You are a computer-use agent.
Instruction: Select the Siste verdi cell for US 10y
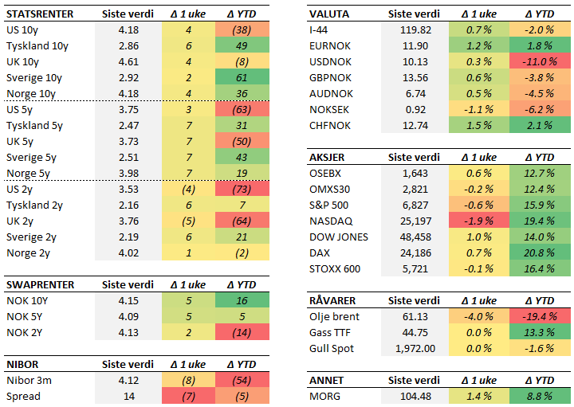click(128, 30)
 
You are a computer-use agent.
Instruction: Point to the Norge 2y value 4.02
click(128, 253)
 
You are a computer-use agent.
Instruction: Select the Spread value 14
click(128, 396)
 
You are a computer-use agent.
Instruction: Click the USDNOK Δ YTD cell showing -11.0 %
click(540, 62)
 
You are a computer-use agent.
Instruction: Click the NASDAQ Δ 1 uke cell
click(478, 221)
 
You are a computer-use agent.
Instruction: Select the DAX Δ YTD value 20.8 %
click(540, 252)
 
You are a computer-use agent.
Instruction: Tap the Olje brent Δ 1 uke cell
click(478, 316)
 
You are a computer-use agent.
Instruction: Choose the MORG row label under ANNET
click(324, 396)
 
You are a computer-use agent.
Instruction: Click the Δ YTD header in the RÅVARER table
click(540, 300)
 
